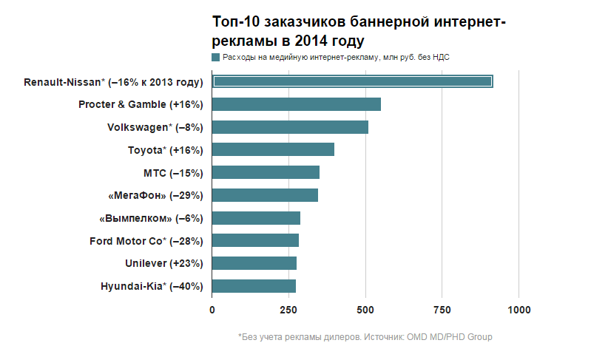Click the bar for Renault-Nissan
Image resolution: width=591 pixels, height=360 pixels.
[352, 81]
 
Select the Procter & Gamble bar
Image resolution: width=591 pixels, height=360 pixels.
[297, 104]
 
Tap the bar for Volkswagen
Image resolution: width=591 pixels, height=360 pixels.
[290, 127]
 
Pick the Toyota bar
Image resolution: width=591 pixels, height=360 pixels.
[273, 150]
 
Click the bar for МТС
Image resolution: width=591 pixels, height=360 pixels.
[266, 172]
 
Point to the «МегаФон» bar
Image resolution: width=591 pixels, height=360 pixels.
[265, 195]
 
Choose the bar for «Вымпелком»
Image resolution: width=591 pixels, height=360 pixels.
[256, 218]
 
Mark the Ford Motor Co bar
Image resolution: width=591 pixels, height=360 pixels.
[255, 240]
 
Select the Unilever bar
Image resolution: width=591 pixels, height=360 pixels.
[254, 263]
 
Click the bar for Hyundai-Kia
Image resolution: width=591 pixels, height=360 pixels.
[254, 286]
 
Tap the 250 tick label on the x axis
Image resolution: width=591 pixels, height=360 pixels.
[289, 309]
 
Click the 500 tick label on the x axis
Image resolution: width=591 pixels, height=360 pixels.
[365, 309]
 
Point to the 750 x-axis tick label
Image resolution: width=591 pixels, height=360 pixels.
[442, 309]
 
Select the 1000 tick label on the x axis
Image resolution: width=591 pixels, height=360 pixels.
[519, 309]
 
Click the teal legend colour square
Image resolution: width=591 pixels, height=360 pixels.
[216, 57]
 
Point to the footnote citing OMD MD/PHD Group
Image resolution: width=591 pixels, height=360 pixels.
[365, 337]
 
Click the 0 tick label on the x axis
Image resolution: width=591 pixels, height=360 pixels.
[212, 309]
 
